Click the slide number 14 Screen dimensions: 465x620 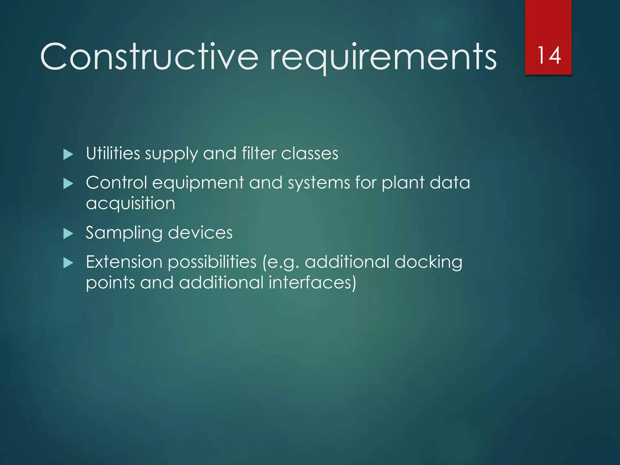(x=549, y=55)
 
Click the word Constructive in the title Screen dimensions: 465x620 (x=149, y=57)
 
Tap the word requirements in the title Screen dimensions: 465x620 (x=383, y=57)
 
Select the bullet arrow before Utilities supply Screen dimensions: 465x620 (x=68, y=154)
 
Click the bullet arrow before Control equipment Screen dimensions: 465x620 (x=68, y=183)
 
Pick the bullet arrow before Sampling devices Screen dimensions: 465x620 (x=68, y=233)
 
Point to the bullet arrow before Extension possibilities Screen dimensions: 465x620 (x=68, y=263)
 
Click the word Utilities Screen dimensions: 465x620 (x=113, y=153)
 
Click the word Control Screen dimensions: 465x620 (x=116, y=183)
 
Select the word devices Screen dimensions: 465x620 (x=200, y=232)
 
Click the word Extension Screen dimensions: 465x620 (x=124, y=262)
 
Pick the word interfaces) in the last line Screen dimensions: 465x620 (x=312, y=282)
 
